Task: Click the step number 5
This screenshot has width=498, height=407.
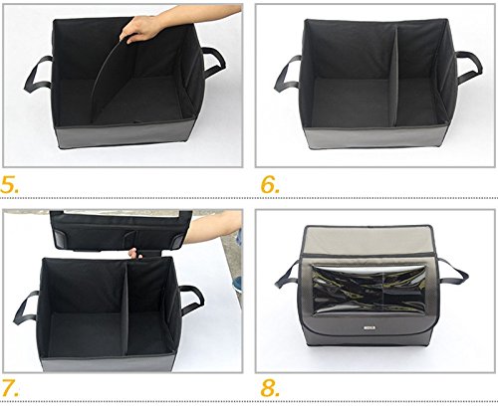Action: click(x=10, y=184)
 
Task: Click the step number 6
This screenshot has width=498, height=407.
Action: click(x=270, y=184)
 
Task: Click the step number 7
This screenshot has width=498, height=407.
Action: click(x=10, y=387)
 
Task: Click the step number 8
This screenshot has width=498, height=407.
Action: click(x=270, y=387)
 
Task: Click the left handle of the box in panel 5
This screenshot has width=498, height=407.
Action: click(x=37, y=75)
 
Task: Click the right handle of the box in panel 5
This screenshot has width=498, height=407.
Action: click(x=213, y=63)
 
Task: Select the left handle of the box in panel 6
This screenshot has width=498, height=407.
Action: click(x=288, y=74)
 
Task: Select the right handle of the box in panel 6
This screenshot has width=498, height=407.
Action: click(x=469, y=68)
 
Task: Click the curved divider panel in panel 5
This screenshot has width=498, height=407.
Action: click(x=105, y=77)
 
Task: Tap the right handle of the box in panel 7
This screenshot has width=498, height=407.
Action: click(x=192, y=301)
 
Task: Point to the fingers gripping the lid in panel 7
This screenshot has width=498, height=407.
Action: click(x=135, y=254)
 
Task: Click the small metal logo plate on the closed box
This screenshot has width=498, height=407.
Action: click(x=369, y=328)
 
